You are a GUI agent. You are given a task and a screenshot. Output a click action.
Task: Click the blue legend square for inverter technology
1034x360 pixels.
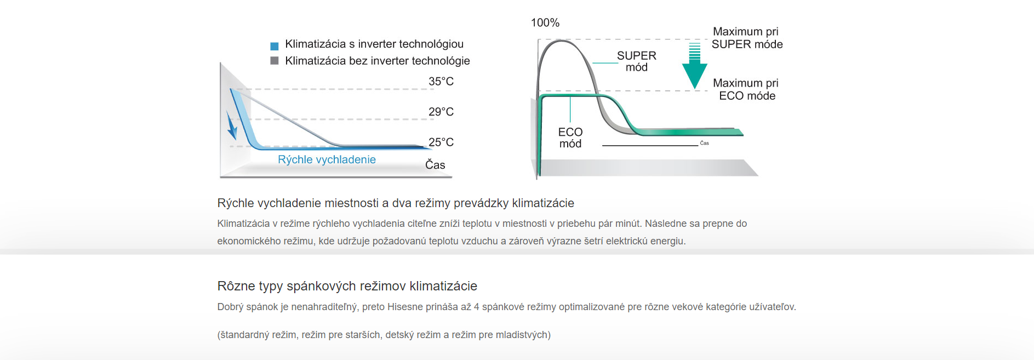[275, 46]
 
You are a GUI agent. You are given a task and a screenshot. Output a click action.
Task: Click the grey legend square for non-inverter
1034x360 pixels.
[275, 60]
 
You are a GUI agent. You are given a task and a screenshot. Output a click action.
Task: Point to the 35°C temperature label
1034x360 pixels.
[441, 82]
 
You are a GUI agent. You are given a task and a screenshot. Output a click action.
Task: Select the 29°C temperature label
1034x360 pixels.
[441, 112]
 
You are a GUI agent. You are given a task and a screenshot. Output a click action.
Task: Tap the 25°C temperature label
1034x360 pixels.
[441, 142]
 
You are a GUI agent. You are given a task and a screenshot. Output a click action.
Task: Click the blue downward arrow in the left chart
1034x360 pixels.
[232, 125]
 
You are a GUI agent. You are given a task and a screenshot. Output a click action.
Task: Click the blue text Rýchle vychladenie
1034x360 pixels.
[327, 159]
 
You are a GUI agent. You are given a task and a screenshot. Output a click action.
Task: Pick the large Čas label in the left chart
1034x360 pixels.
[435, 165]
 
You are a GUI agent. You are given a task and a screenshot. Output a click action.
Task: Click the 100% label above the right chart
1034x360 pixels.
[545, 23]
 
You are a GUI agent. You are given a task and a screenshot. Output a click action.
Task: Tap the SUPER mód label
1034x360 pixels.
[636, 61]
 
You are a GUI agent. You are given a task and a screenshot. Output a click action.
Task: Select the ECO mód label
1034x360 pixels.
[570, 138]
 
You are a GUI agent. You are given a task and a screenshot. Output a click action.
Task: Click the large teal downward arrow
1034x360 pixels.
[694, 66]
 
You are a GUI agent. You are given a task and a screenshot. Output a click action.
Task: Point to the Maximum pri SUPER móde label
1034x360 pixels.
[747, 38]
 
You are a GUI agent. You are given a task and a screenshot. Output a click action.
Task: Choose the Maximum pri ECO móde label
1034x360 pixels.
[746, 89]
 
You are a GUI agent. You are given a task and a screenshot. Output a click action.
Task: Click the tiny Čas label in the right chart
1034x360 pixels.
[705, 143]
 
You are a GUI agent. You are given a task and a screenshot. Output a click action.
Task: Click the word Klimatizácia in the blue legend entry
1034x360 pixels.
[315, 44]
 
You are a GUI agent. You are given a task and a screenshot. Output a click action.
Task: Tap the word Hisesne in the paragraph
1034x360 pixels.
[406, 307]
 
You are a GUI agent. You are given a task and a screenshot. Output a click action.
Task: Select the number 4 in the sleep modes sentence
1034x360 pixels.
[477, 307]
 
